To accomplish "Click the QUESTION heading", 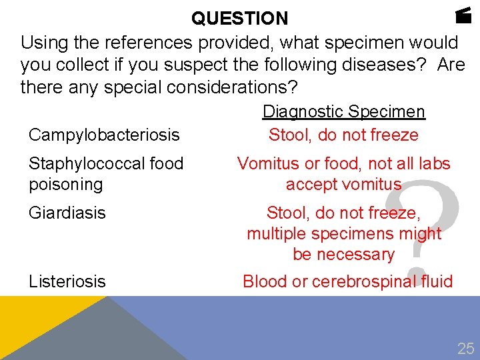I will (x=240, y=18).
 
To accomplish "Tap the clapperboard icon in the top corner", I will (x=465, y=15).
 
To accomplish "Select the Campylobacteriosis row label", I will (x=104, y=135).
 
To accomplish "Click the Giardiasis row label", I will (x=67, y=213).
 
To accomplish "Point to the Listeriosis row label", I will (x=67, y=281).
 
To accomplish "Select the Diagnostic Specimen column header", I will (x=344, y=112).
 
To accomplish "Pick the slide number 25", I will (x=465, y=348).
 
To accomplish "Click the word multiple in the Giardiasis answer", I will (x=275, y=233).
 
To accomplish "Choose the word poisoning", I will (x=66, y=184).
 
